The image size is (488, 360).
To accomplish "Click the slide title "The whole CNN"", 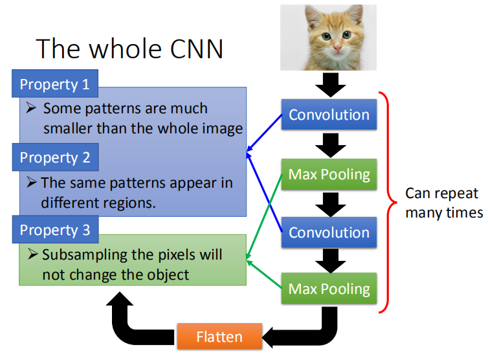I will (x=129, y=49).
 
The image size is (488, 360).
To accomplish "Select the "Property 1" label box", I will (x=55, y=84).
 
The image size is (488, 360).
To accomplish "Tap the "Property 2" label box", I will (x=55, y=157).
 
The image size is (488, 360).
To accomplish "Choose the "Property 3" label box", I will (x=55, y=230).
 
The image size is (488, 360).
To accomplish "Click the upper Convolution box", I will (x=329, y=115).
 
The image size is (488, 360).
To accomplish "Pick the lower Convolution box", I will (x=329, y=232).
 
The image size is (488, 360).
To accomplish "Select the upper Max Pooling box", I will (x=329, y=174).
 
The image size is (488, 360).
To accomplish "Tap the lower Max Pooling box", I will (x=329, y=289).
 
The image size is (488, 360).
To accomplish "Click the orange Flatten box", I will (x=219, y=337).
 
